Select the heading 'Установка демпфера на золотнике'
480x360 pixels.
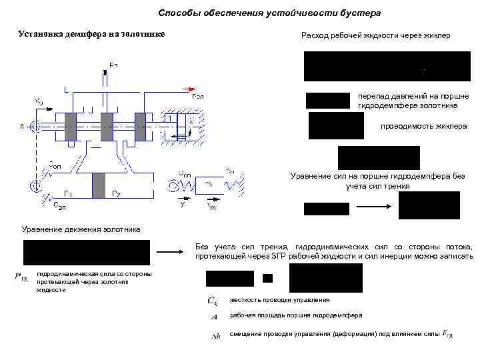pyautogui.click(x=90, y=33)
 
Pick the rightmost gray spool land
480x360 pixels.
pyautogui.click(x=140, y=125)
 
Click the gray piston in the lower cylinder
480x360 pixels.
pyautogui.click(x=99, y=185)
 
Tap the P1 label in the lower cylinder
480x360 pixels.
pyautogui.click(x=68, y=195)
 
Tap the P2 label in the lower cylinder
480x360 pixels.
pyautogui.click(x=116, y=195)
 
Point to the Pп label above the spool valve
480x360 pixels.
pyautogui.click(x=113, y=65)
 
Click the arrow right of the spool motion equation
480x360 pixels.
pyautogui.click(x=172, y=253)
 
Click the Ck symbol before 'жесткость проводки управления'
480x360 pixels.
pyautogui.click(x=212, y=301)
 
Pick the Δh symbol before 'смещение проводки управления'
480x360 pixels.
pyautogui.click(x=215, y=335)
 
